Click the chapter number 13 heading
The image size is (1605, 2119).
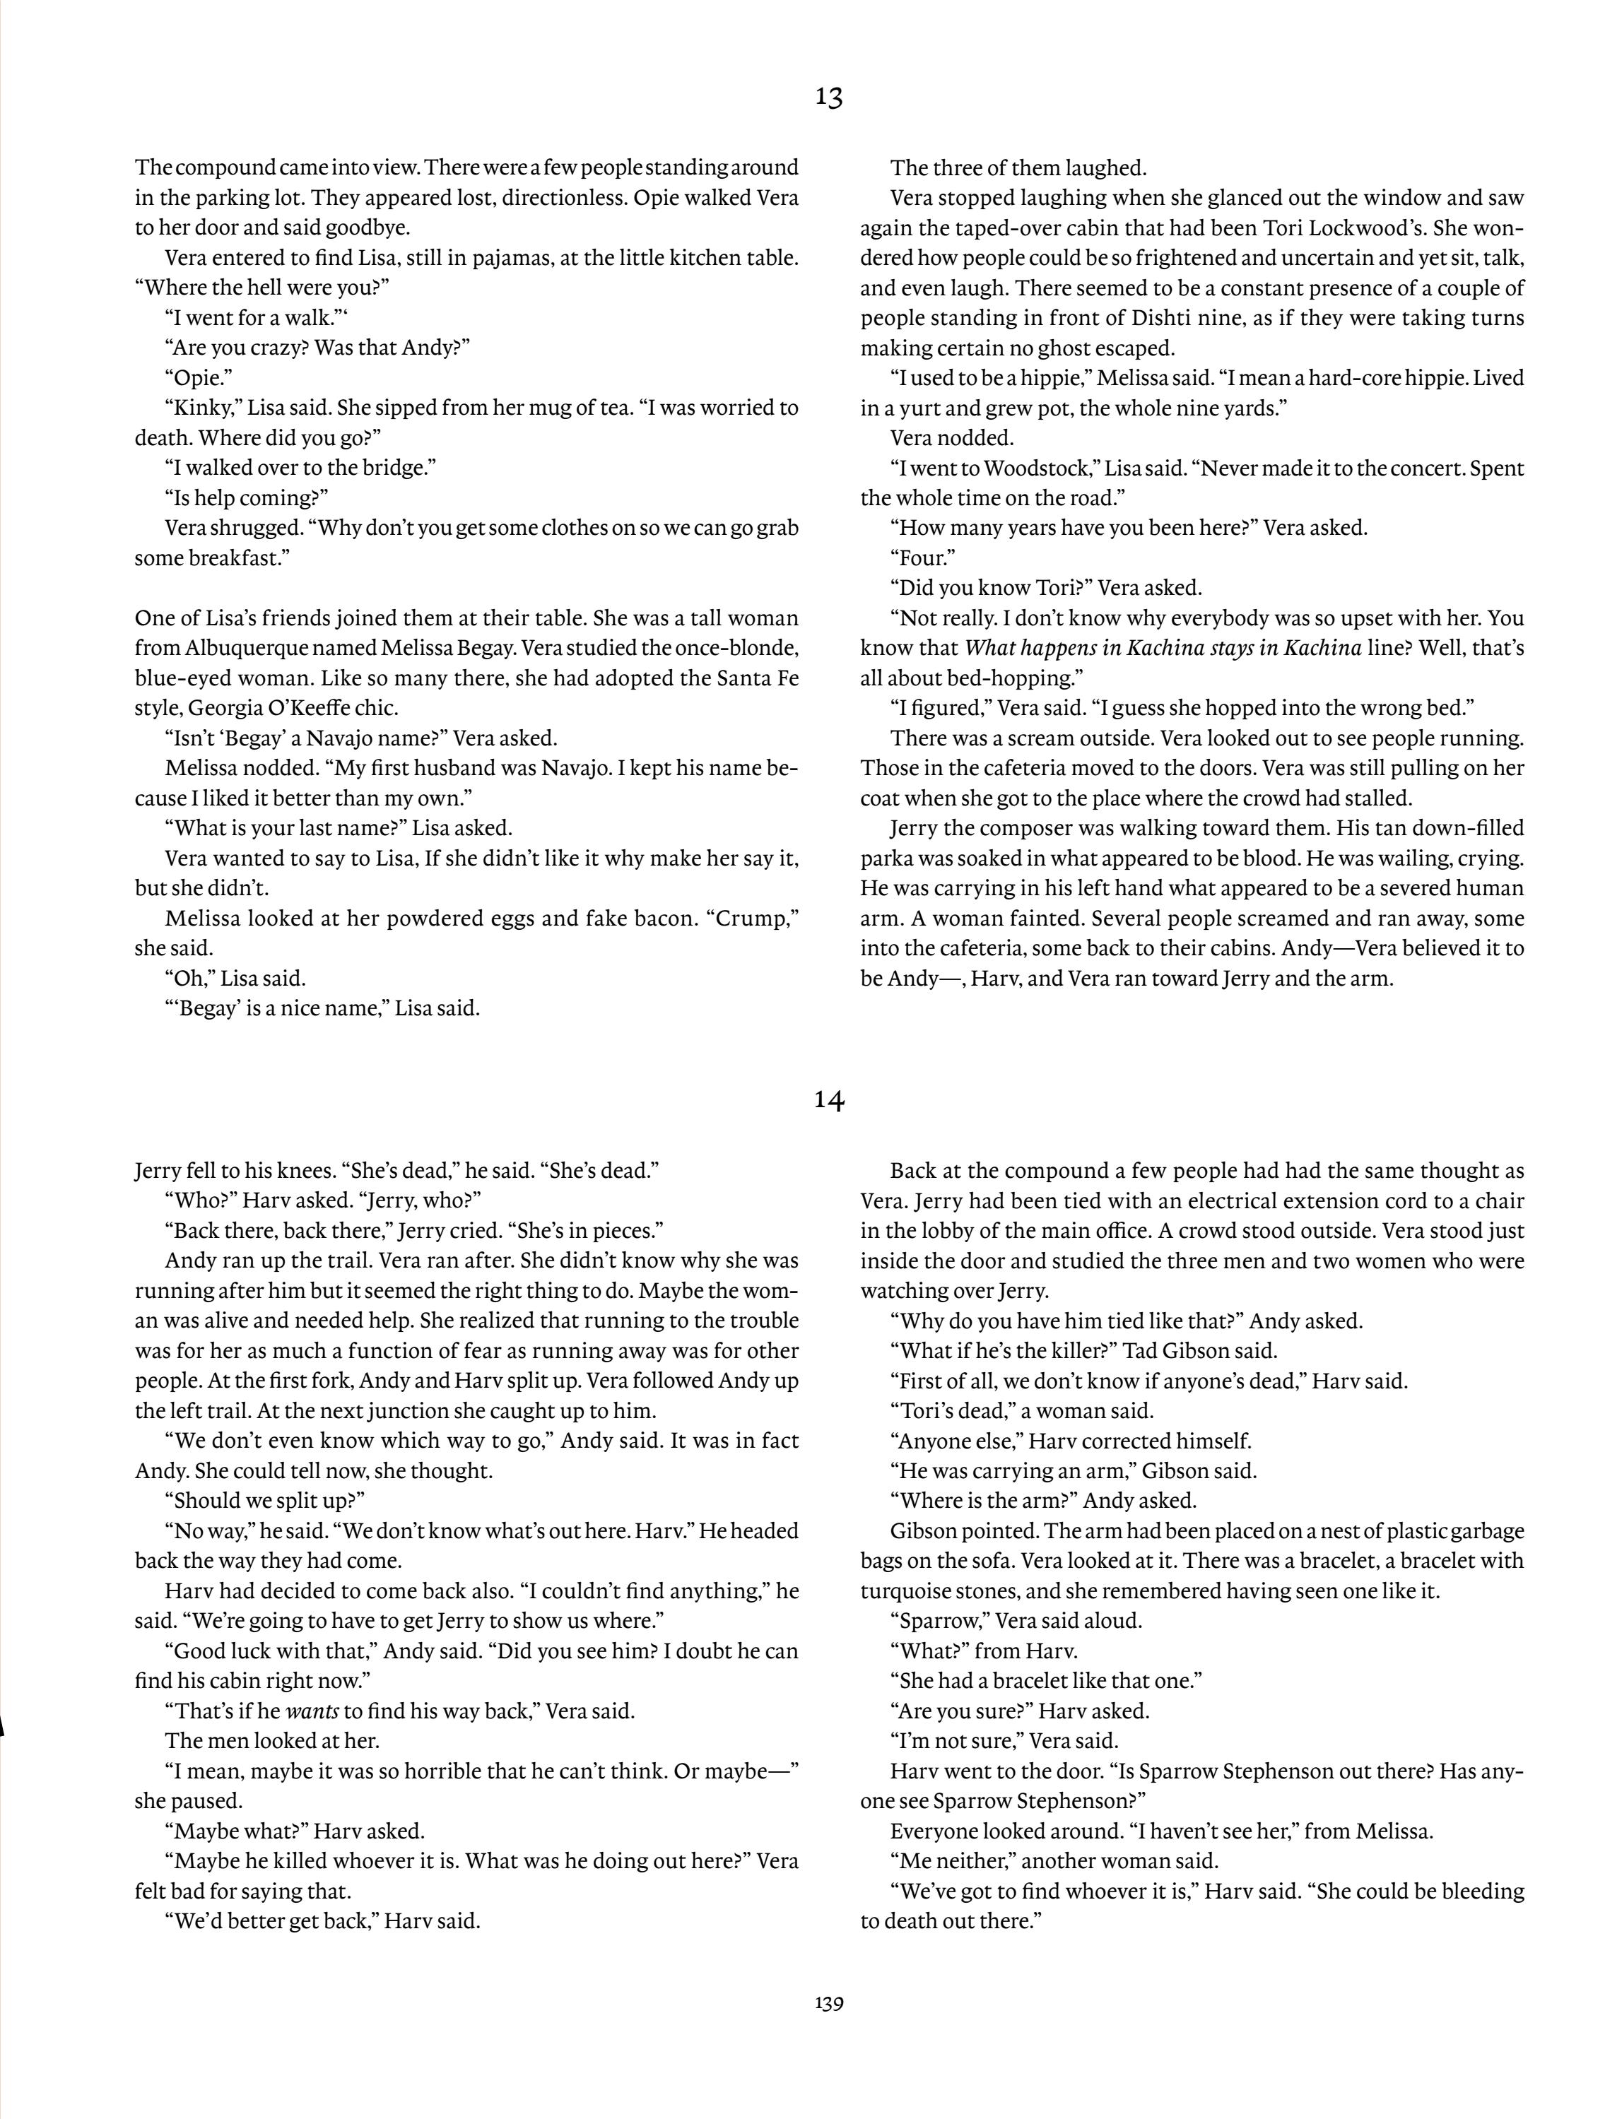click(x=829, y=97)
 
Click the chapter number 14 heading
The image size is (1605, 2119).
click(x=829, y=1101)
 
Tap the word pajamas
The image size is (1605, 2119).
click(x=512, y=258)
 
